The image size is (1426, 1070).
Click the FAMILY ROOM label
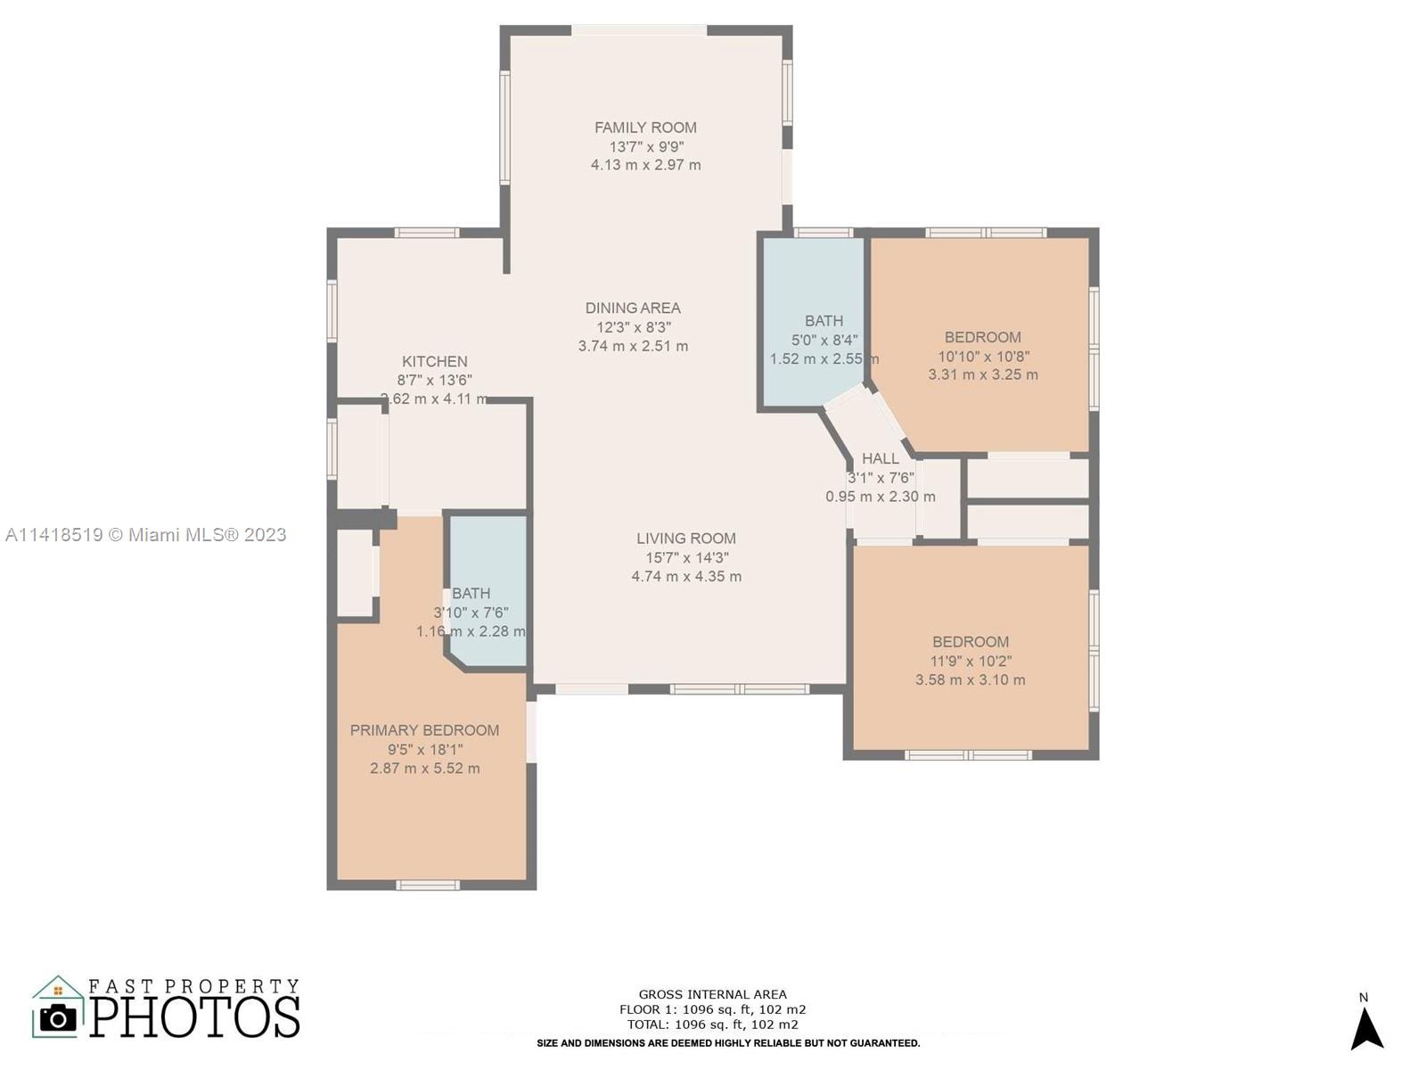tap(645, 128)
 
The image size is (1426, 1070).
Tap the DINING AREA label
tap(633, 308)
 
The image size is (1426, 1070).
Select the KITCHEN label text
tap(435, 361)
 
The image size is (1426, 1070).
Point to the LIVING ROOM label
tap(686, 539)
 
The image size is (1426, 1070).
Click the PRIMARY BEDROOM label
tap(424, 730)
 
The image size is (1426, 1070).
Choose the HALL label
tap(881, 458)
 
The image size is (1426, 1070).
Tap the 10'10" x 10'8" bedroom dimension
tap(983, 356)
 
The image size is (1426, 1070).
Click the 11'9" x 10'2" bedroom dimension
tap(971, 661)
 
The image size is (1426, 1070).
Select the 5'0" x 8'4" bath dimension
tap(824, 340)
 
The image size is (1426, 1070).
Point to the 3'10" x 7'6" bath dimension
tap(471, 612)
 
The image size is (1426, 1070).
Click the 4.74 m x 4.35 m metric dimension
tap(686, 576)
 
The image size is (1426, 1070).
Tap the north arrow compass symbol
tap(1367, 1027)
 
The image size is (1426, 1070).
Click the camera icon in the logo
tap(58, 1018)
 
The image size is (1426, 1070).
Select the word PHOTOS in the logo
tap(194, 1017)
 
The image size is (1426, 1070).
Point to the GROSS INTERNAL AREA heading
tap(712, 994)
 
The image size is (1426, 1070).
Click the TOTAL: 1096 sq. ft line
tap(712, 1025)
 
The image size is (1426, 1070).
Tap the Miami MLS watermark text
tap(145, 535)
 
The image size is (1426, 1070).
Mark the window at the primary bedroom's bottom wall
tap(427, 885)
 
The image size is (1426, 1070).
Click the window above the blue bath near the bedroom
tap(824, 233)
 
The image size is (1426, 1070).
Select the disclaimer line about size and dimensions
tap(727, 1043)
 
